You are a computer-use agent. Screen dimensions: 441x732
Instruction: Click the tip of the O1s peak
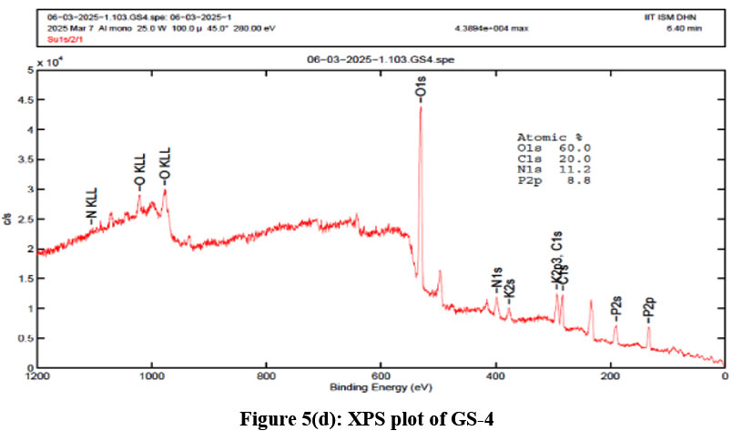point(420,106)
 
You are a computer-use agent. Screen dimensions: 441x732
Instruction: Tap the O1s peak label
point(420,88)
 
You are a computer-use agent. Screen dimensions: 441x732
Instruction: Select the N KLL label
point(92,206)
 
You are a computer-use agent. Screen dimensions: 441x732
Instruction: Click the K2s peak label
point(510,292)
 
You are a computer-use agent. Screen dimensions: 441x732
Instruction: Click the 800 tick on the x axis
point(266,374)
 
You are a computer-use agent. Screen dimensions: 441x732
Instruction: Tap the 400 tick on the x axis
point(495,374)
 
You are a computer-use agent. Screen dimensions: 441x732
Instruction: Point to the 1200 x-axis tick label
point(37,374)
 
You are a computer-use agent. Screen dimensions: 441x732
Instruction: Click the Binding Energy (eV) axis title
point(381,386)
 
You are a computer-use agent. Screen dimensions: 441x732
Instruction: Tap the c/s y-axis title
point(9,218)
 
